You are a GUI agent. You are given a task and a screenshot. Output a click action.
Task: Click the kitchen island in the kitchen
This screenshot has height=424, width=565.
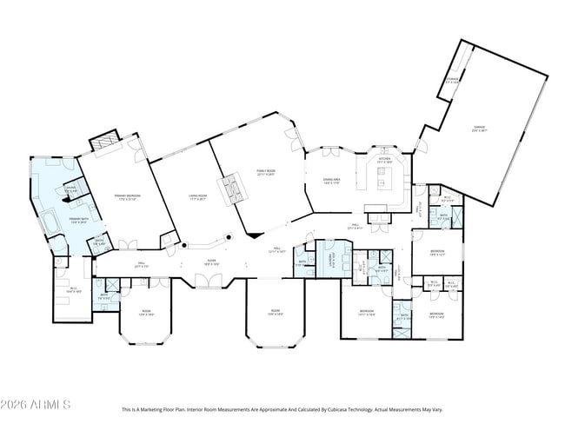(x=384, y=181)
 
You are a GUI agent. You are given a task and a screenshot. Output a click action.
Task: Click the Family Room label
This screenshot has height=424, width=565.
(x=264, y=173)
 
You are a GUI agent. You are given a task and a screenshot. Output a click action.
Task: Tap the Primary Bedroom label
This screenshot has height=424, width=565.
(x=128, y=197)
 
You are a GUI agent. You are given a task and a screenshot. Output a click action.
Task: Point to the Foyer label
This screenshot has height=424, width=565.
(x=211, y=262)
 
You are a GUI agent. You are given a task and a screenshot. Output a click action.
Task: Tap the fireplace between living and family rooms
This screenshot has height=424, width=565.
(x=233, y=189)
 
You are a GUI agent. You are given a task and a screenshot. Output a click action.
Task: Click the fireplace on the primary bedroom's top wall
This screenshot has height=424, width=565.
(x=104, y=139)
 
